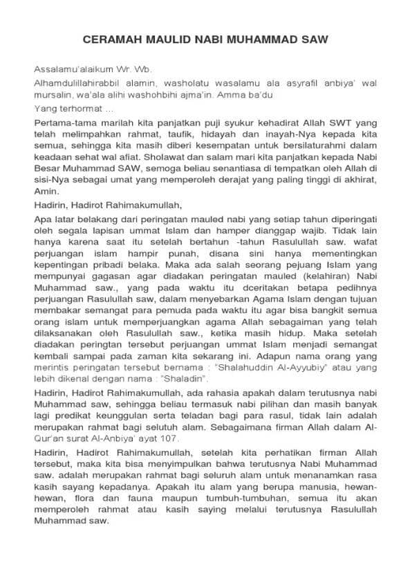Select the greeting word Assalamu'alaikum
pos(68,69)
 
